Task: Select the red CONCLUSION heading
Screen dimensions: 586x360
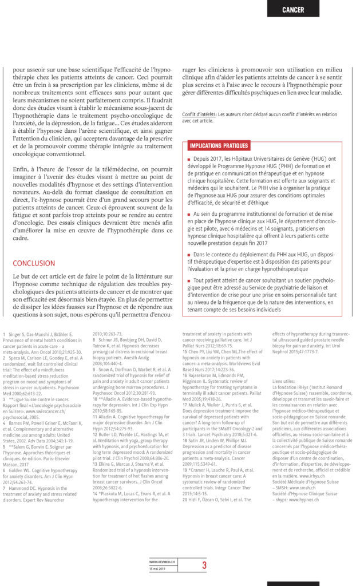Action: coord(34,263)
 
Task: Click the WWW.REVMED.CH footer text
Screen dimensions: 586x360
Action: coord(162,562)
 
